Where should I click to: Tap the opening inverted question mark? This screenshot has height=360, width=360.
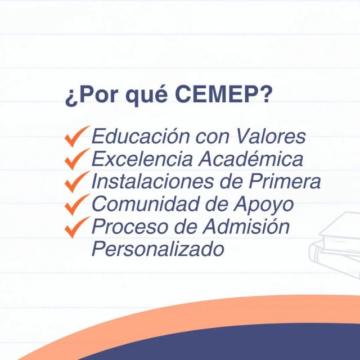70,98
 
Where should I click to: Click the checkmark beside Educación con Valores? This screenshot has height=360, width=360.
77,136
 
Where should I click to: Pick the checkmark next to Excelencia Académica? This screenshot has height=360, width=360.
77,159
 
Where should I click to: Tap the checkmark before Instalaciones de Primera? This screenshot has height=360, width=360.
77,182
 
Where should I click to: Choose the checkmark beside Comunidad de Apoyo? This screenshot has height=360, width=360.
77,205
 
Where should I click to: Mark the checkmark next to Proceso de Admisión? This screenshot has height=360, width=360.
77,227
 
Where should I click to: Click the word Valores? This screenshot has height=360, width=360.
271,136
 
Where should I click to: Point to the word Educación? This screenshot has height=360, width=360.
141,136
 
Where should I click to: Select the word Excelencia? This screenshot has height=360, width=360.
142,159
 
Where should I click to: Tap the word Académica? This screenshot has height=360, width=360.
251,158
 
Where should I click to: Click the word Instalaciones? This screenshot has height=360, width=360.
152,181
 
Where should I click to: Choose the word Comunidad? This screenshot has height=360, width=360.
145,204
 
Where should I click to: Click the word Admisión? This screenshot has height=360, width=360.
246,226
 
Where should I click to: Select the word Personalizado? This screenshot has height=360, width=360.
158,249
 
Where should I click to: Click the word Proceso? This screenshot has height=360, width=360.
130,227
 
